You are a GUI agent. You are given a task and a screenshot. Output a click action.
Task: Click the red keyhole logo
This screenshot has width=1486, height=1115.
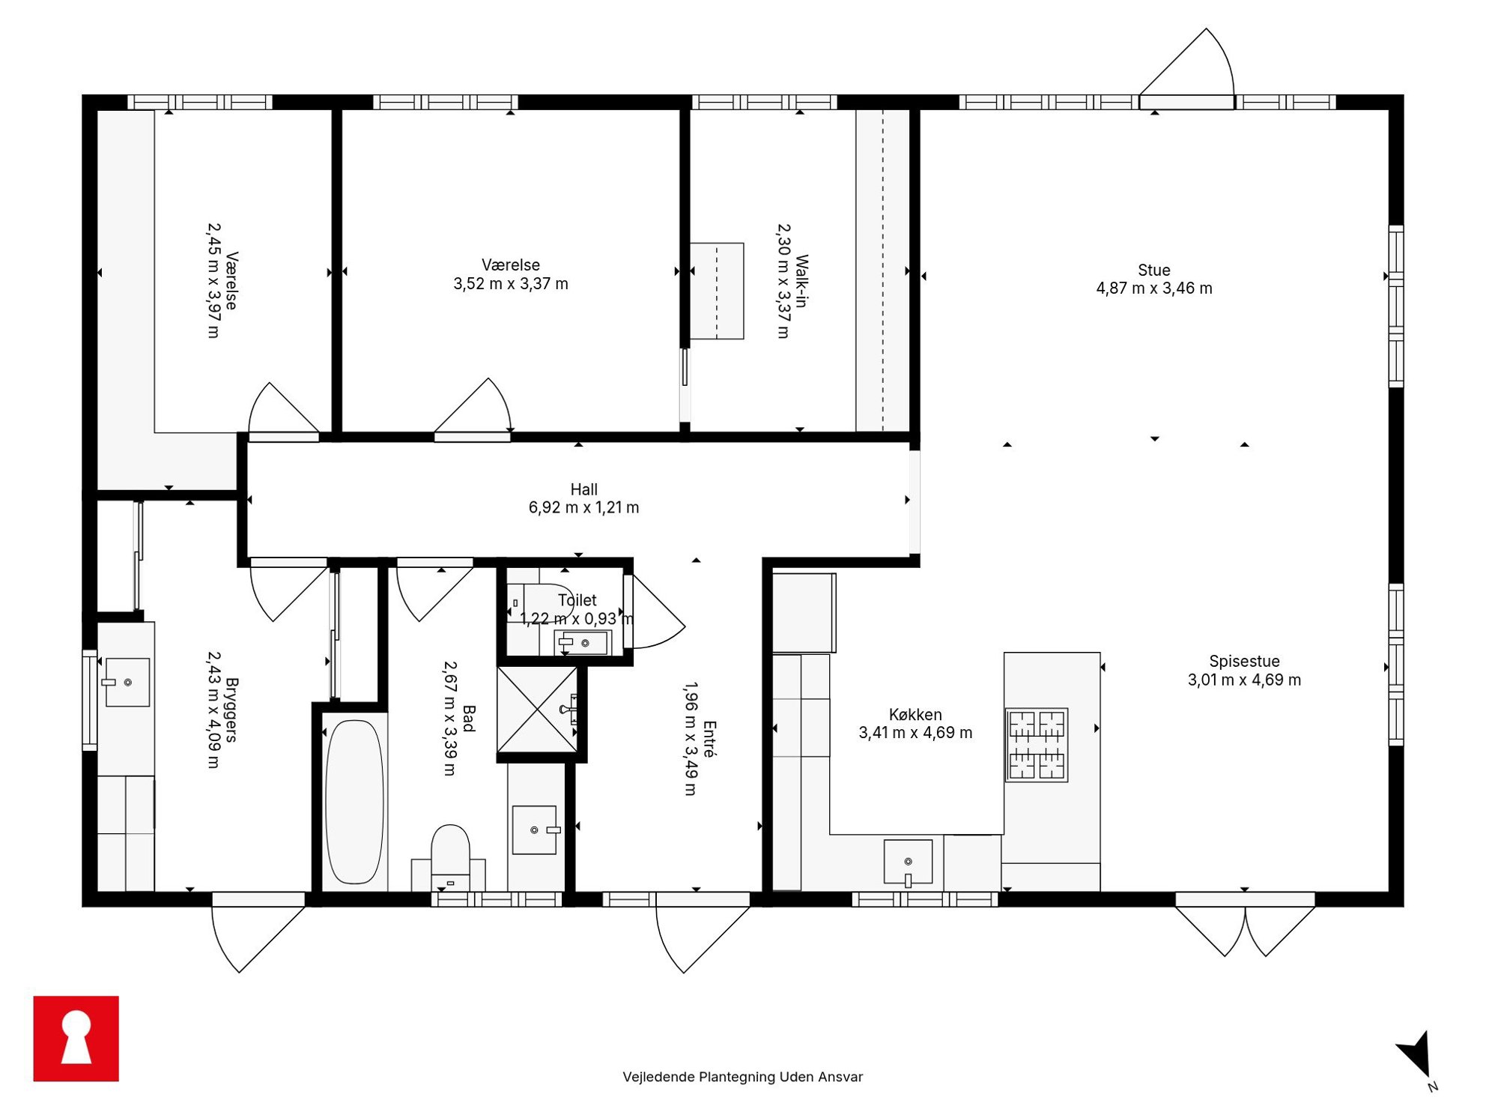click(x=76, y=1038)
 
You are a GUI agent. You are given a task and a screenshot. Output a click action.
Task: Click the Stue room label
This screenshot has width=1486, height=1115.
click(x=1153, y=270)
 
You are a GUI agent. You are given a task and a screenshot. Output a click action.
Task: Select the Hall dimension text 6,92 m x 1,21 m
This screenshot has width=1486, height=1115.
click(x=583, y=507)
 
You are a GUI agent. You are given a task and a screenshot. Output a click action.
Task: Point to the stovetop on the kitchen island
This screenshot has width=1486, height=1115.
click(x=1037, y=745)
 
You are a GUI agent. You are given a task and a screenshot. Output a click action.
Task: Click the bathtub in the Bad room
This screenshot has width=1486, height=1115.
click(x=354, y=802)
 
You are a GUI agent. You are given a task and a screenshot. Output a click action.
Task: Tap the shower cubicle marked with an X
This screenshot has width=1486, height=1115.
click(x=537, y=709)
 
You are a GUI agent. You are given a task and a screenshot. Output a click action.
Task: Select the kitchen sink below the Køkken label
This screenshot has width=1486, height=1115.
click(x=908, y=862)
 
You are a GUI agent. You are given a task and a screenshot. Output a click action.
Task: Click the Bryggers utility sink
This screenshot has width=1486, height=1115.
click(x=127, y=682)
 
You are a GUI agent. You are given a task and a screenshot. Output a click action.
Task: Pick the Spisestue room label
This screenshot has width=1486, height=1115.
click(x=1244, y=661)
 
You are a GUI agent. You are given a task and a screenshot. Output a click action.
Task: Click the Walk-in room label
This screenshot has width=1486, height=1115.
click(x=801, y=281)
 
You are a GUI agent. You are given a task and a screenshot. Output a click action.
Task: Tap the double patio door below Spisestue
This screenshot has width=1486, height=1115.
click(x=1245, y=926)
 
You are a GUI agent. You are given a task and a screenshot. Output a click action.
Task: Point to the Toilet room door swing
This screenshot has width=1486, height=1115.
click(x=655, y=611)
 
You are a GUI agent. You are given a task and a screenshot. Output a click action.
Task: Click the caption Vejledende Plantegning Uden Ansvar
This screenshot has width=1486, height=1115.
click(x=742, y=1077)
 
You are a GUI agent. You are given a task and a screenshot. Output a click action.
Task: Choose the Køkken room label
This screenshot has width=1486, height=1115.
click(x=915, y=714)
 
